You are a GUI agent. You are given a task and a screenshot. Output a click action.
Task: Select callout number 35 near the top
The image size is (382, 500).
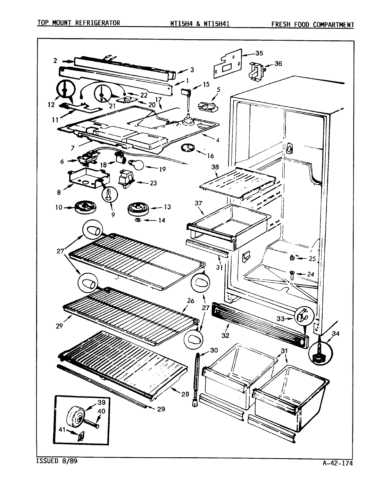point(259,53)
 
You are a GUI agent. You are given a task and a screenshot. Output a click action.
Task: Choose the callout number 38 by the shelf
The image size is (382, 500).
point(215,167)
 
